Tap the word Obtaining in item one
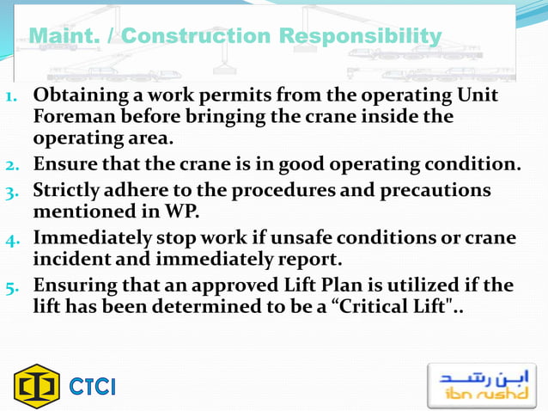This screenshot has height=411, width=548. click(x=78, y=95)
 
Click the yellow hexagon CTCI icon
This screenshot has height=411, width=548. click(x=37, y=386)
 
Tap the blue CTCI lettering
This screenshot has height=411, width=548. click(x=92, y=387)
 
